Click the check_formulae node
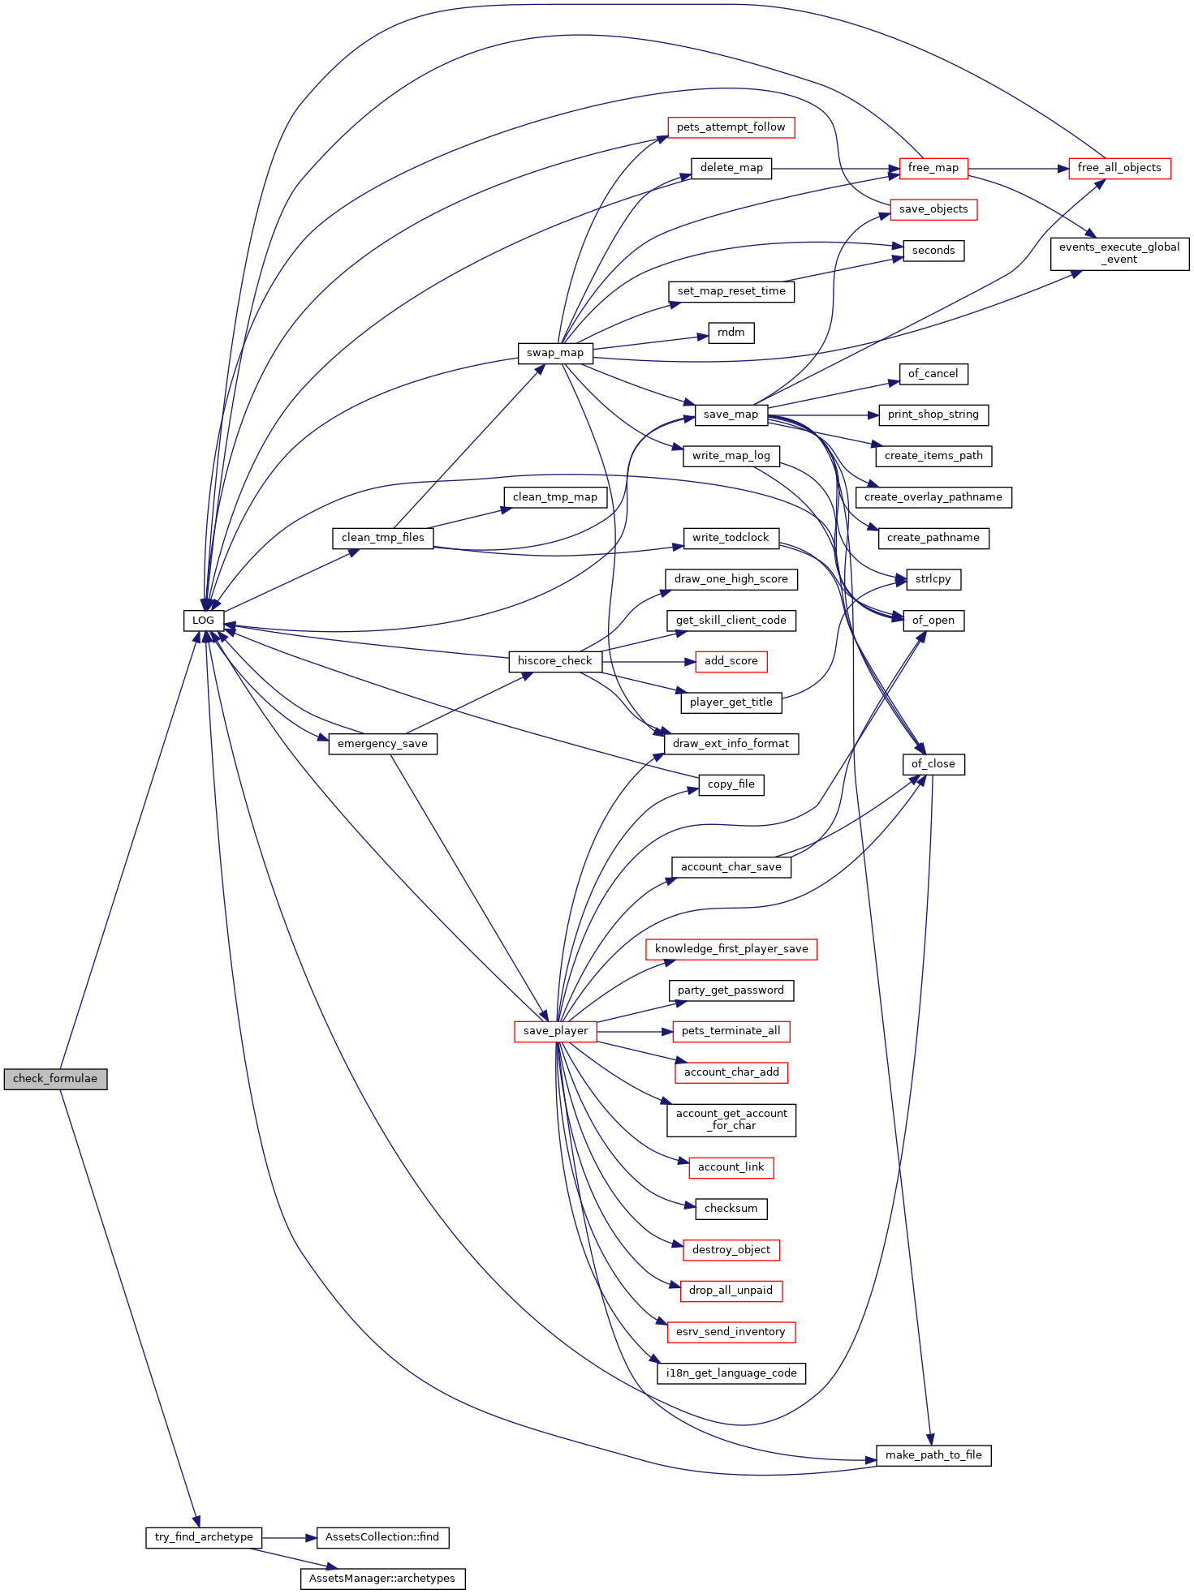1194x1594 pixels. (55, 1079)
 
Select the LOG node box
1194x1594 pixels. (203, 621)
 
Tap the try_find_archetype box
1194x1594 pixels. (204, 1537)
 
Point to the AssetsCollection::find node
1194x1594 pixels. (382, 1537)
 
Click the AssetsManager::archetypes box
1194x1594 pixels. (383, 1579)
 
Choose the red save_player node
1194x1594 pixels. (556, 1031)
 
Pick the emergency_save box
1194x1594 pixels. (383, 744)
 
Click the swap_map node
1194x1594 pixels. (555, 353)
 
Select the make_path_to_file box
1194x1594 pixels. (933, 1455)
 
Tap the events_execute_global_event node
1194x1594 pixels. (1119, 254)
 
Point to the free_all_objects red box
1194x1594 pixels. (1119, 168)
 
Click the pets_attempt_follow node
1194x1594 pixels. (731, 127)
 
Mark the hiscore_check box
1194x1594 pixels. (555, 661)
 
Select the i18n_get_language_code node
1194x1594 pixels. (731, 1373)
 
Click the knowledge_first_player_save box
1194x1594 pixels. (731, 949)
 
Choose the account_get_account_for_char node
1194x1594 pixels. (731, 1120)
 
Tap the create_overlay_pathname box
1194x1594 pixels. (933, 497)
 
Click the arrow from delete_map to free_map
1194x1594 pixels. (835, 169)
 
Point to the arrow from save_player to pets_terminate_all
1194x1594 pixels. (635, 1031)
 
